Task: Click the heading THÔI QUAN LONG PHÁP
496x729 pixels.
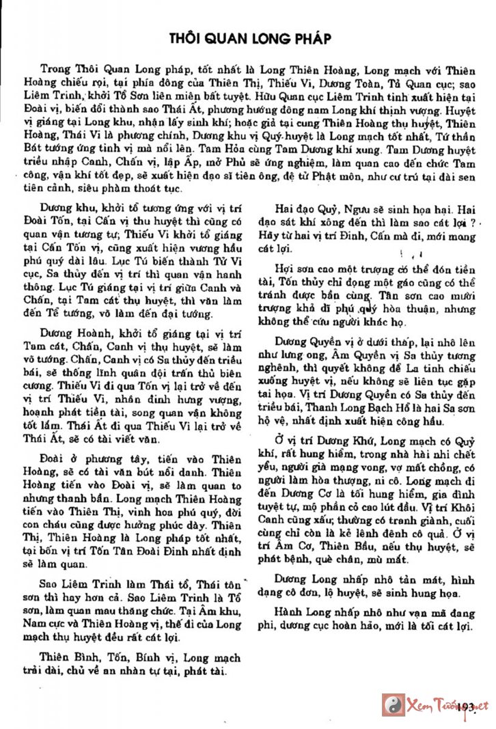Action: point(250,39)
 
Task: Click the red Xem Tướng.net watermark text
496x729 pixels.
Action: point(447,704)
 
